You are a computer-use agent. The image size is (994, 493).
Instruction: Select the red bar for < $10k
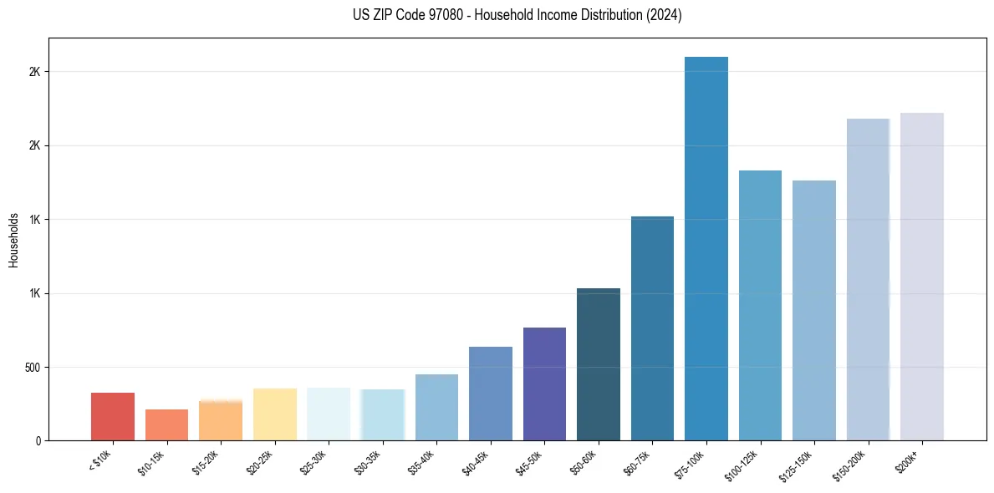click(113, 416)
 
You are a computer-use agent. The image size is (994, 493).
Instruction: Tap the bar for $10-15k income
click(166, 424)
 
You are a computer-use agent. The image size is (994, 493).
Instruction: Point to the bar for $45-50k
click(544, 384)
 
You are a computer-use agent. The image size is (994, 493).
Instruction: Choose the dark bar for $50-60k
click(599, 364)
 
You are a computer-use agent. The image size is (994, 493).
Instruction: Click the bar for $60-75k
click(652, 328)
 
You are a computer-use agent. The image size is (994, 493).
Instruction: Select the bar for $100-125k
click(760, 305)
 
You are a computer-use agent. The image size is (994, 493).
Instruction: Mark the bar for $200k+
click(921, 277)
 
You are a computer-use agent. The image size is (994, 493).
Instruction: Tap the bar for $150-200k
click(868, 279)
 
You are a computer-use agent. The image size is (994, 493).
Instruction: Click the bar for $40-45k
click(491, 394)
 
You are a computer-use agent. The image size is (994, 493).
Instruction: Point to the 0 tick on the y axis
click(38, 440)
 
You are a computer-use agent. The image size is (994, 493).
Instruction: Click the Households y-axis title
click(14, 239)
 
